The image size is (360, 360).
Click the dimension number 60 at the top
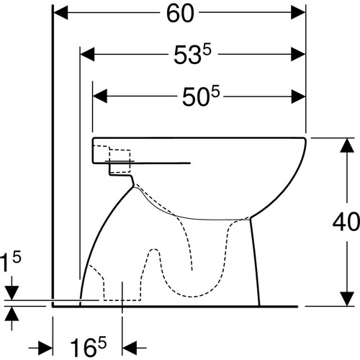point(180,14)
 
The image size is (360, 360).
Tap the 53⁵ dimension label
point(192,55)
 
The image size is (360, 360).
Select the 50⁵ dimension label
point(201,96)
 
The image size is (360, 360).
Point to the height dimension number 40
point(346,222)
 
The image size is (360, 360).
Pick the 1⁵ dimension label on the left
point(11,262)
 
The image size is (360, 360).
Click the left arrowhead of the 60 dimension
point(60,12)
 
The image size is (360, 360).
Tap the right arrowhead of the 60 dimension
point(298,12)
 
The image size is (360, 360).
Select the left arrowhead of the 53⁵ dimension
point(87,54)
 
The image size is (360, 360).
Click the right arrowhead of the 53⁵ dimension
point(298,54)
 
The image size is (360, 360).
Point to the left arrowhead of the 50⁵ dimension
point(100,96)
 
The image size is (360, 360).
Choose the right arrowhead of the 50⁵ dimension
point(298,96)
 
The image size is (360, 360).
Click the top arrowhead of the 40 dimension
point(347,145)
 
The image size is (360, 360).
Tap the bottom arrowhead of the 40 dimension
point(347,299)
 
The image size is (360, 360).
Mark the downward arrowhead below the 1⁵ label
point(12,293)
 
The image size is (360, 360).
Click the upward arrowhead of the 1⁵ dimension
point(12,314)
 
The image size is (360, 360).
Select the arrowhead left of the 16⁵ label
point(45,347)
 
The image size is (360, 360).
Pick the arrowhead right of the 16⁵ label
point(130,347)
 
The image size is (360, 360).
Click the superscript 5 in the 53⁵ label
point(207,51)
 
